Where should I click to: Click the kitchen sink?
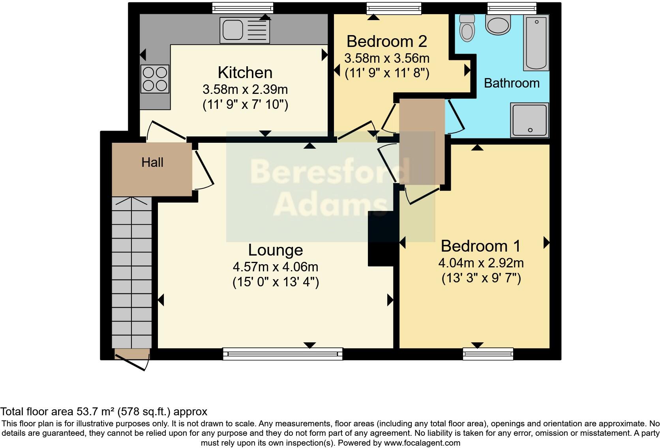pyautogui.click(x=245, y=30)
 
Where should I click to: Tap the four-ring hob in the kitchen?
pyautogui.click(x=155, y=79)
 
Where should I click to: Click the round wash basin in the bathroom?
pyautogui.click(x=498, y=24)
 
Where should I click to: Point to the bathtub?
pyautogui.click(x=536, y=43)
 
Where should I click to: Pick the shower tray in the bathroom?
pyautogui.click(x=529, y=120)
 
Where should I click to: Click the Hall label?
pyautogui.click(x=152, y=162)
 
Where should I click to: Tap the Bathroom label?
pyautogui.click(x=512, y=83)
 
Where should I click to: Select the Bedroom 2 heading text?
pyautogui.click(x=386, y=41)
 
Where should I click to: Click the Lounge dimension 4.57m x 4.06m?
pyautogui.click(x=276, y=267)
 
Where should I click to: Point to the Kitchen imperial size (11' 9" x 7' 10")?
pyautogui.click(x=245, y=105)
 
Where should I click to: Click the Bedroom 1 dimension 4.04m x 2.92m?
pyautogui.click(x=481, y=263)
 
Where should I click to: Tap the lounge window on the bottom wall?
pyautogui.click(x=283, y=354)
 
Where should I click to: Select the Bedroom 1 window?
pyautogui.click(x=488, y=354)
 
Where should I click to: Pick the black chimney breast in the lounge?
pyautogui.click(x=381, y=239)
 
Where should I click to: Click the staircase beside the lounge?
pyautogui.click(x=131, y=272)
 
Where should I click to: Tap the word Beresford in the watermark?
pyautogui.click(x=330, y=172)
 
